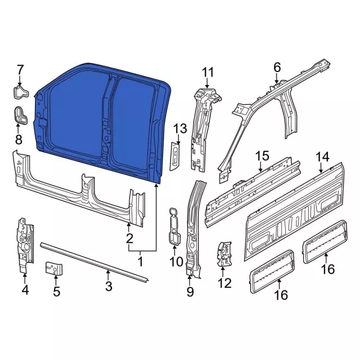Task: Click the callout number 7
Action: (x=20, y=70)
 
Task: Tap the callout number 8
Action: (x=19, y=139)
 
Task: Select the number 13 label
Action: (x=180, y=129)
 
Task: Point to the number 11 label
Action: (x=208, y=72)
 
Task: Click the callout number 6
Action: (x=277, y=67)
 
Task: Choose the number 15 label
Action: (x=263, y=156)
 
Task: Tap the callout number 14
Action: (x=322, y=157)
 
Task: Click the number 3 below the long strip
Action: (x=109, y=286)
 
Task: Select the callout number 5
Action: (x=56, y=291)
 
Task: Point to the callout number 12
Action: (x=224, y=283)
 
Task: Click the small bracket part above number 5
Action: (x=54, y=268)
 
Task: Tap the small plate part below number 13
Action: (x=175, y=156)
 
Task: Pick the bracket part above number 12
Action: (x=224, y=254)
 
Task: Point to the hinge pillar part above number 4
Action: (x=25, y=245)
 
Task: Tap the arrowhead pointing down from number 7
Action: (x=20, y=84)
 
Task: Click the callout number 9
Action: (x=190, y=291)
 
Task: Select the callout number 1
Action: (x=140, y=262)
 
